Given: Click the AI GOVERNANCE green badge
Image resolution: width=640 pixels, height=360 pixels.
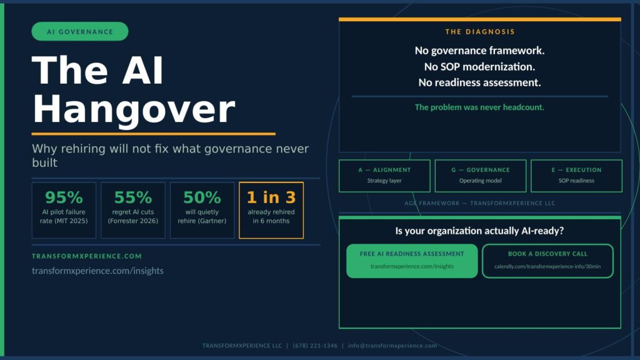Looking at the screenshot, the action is click(80, 31).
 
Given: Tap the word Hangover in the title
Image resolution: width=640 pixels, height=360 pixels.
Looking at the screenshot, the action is click(134, 109).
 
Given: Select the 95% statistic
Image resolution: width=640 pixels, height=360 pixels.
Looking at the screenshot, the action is click(64, 197).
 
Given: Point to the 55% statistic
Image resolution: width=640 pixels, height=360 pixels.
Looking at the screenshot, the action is click(133, 197).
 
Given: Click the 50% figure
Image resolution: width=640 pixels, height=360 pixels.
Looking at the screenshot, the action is click(202, 197).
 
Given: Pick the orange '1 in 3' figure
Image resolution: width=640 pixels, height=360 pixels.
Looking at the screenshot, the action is click(271, 197).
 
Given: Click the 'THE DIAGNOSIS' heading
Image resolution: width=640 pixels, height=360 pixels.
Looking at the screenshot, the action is click(480, 32).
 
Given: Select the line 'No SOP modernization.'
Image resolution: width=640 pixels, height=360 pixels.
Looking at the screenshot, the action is click(479, 66).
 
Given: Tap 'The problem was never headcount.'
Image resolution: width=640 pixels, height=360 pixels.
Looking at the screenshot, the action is click(479, 107).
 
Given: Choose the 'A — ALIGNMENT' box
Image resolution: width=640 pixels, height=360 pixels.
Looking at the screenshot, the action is click(384, 176).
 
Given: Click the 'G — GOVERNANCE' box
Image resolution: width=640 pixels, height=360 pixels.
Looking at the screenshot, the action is click(481, 176).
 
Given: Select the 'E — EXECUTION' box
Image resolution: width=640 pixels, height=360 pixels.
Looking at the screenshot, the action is click(576, 176).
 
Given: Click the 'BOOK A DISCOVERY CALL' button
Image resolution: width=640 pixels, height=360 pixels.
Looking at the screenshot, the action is click(547, 261).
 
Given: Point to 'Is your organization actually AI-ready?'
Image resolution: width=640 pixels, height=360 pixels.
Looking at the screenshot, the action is click(479, 231).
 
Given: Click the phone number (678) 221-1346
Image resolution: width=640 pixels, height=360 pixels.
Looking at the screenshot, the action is click(315, 346).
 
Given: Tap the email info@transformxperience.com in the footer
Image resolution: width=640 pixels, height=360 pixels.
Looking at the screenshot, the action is click(392, 346).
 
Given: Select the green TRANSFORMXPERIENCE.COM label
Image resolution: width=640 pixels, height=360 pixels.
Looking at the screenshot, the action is click(87, 256).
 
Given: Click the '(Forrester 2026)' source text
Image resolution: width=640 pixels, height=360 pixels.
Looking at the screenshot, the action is click(133, 221).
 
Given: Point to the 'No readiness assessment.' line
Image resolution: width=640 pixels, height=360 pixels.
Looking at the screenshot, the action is click(479, 82).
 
